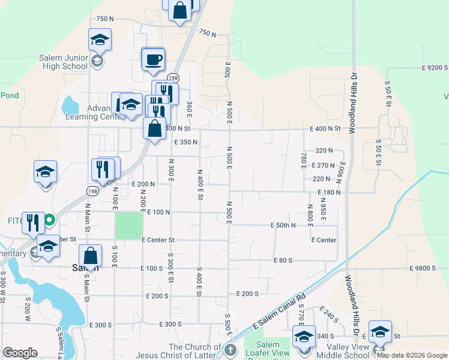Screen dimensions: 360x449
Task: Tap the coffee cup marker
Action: [x=152, y=59]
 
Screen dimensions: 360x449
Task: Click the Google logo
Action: [x=20, y=353]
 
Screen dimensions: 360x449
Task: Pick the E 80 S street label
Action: [x=282, y=260]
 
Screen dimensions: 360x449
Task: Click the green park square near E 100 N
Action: [x=129, y=224]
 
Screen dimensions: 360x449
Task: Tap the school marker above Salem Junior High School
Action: [x=100, y=41]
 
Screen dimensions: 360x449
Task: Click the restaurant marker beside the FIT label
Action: [x=33, y=223]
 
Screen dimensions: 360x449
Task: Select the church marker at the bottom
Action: [x=229, y=350]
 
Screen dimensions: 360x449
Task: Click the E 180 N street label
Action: [x=330, y=193]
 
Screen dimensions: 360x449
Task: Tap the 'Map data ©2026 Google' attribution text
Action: [x=412, y=355]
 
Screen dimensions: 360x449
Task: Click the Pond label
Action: [x=10, y=95]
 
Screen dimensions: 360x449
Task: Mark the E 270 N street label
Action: [x=323, y=165]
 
